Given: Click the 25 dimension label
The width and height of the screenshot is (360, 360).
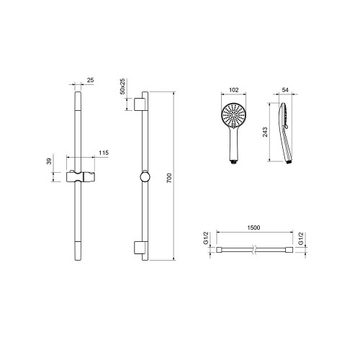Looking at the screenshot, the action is [x=90, y=80].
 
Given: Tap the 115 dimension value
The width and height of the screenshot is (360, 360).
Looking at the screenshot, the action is [x=104, y=153].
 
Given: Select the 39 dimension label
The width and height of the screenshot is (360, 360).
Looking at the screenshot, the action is [x=49, y=161].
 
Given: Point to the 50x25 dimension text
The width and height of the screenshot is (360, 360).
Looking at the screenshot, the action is [x=122, y=86].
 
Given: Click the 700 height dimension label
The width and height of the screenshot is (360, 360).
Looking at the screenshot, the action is [x=169, y=178].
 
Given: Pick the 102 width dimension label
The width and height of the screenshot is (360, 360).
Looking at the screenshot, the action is [x=234, y=90].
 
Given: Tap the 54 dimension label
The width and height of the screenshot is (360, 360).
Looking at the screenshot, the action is [x=285, y=90].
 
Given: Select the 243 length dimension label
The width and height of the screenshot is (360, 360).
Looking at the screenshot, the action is [x=265, y=132].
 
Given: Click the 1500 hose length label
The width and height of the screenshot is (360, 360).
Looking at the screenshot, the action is [x=253, y=228].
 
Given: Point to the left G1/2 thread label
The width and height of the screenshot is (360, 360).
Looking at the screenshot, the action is [x=206, y=238].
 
